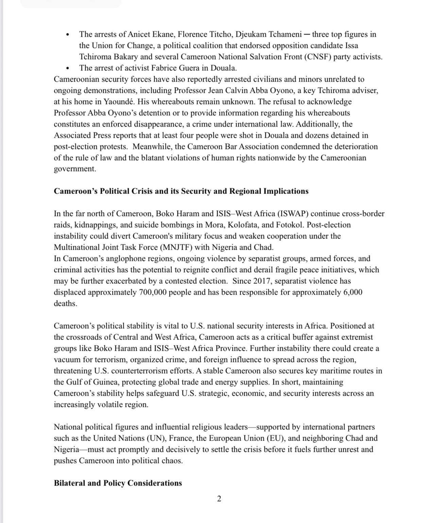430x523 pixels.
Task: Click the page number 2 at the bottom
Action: (219, 499)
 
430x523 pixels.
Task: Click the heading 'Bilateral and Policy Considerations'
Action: (118, 483)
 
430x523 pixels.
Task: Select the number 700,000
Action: (153, 292)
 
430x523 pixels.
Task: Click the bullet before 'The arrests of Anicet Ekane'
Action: (68, 35)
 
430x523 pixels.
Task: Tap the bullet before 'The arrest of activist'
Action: (68, 68)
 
